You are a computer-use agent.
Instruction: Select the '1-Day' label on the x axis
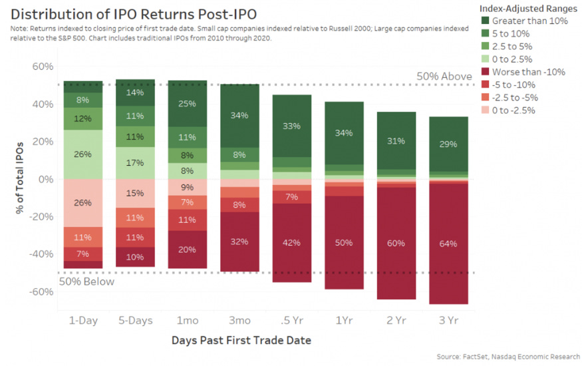pos(83,320)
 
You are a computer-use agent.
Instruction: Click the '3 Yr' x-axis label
pos(448,320)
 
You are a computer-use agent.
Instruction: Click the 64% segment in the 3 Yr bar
pos(448,244)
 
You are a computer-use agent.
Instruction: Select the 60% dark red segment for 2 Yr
pos(396,243)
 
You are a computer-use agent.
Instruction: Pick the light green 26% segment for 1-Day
pos(83,154)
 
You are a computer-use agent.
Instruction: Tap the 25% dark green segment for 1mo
pos(188,104)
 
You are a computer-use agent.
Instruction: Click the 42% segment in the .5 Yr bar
pos(292,242)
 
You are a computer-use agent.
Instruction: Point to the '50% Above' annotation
pos(444,77)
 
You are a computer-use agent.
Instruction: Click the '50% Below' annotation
pos(86,281)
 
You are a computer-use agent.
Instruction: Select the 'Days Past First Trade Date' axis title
pos(241,340)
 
